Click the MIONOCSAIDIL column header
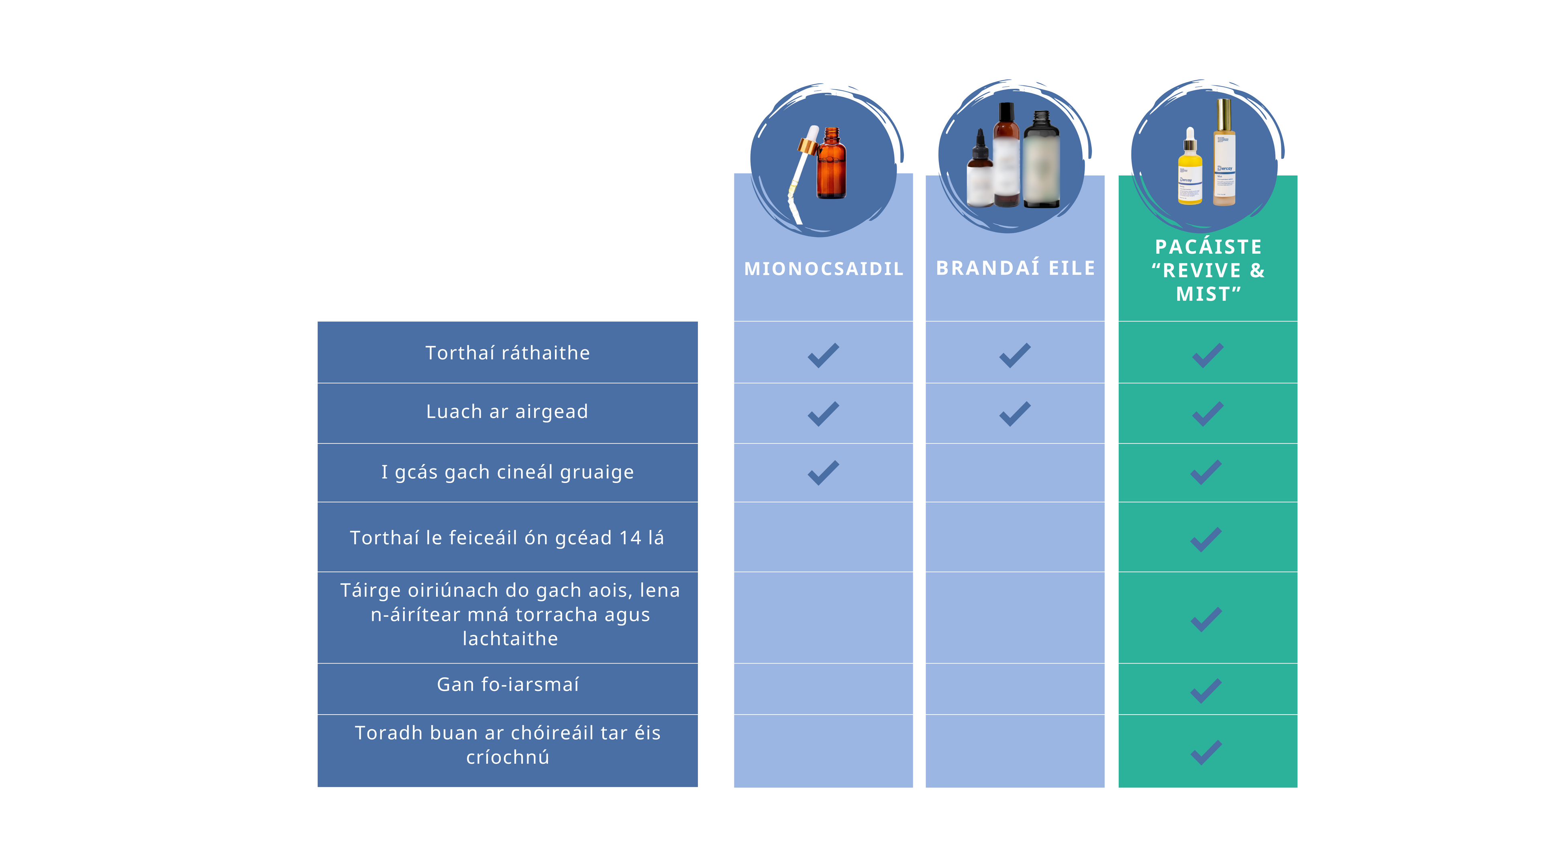click(x=823, y=269)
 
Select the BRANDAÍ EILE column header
click(x=1015, y=268)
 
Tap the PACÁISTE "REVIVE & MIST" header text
click(x=1208, y=271)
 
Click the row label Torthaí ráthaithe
click(x=508, y=353)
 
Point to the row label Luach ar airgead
click(x=507, y=412)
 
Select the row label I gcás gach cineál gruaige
click(x=508, y=472)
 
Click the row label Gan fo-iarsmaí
click(x=508, y=684)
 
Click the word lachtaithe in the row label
click(x=510, y=639)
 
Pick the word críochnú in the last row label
click(x=508, y=757)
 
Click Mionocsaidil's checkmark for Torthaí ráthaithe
click(x=823, y=355)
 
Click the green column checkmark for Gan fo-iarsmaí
click(x=1206, y=691)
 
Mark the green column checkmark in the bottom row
click(x=1206, y=752)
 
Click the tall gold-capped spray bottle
click(x=1224, y=156)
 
